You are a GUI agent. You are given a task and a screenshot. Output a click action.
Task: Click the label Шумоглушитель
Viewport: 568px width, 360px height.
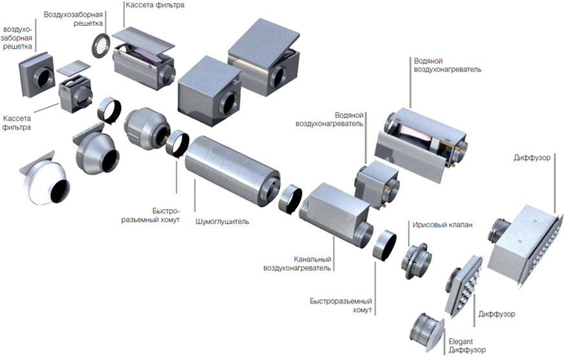[222, 221]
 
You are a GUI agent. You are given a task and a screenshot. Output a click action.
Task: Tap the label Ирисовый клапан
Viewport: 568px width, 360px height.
[442, 225]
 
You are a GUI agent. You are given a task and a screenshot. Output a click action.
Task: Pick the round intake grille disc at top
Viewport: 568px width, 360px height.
[101, 45]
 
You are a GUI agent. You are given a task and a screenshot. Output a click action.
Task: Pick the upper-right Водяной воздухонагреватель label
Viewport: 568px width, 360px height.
[446, 65]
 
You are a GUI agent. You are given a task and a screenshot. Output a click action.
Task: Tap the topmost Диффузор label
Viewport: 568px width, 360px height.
[532, 157]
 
